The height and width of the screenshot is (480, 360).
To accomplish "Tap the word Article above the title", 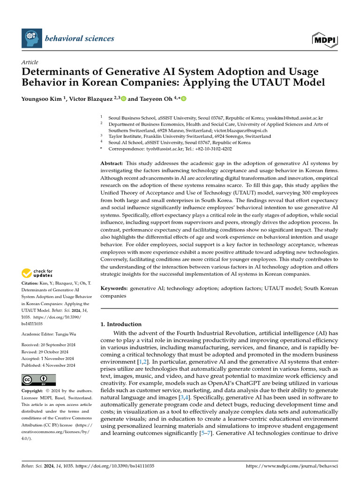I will click(30, 62).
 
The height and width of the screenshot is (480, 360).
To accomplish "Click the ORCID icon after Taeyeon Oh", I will click(183, 99).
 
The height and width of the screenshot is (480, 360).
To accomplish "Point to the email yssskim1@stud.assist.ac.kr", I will click(295, 118).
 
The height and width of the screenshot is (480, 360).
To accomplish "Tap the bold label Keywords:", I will click(114, 288).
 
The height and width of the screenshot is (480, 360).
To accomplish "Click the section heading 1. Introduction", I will click(121, 324).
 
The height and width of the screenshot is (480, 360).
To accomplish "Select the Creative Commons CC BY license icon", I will click(38, 380).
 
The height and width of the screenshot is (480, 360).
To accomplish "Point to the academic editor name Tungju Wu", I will click(69, 334).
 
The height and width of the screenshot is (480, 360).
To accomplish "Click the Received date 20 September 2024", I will click(62, 345).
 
